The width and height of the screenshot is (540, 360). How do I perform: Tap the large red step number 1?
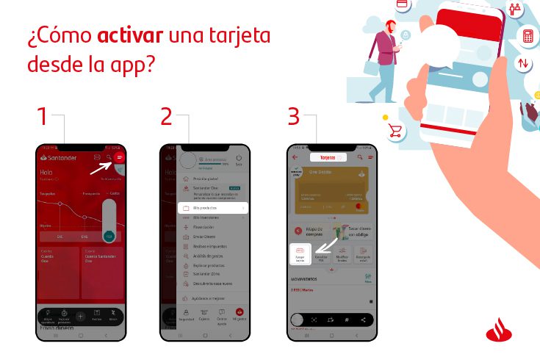coord(43,117)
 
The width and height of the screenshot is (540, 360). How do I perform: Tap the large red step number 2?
coord(166,117)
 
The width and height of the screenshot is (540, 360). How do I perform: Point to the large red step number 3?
coord(293,117)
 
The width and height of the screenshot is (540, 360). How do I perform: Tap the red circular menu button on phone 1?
coord(120,157)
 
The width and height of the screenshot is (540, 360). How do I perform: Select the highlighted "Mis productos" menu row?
coord(212,208)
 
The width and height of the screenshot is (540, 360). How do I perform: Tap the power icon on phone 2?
coord(239,158)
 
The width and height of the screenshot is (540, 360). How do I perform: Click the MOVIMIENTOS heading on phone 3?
coord(303,279)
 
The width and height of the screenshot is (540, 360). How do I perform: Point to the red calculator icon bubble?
coord(527,36)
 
